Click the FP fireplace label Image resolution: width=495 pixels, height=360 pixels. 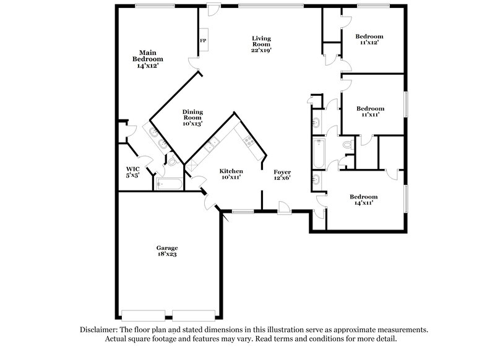pos(202,41)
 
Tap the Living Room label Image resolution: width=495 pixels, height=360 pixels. pos(261,44)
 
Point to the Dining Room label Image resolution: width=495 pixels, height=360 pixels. pos(192,118)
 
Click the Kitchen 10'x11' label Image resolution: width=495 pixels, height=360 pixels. pos(231,174)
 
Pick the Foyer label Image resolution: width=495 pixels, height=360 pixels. pos(283,174)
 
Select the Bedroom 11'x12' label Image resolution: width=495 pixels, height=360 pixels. pos(369,40)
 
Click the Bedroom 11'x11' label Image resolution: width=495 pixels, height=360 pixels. pos(370,111)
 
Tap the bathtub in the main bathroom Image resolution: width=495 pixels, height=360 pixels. pos(168,184)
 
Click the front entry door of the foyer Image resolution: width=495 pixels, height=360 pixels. pos(284,208)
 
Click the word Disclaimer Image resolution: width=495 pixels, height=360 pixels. pos(100,330)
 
